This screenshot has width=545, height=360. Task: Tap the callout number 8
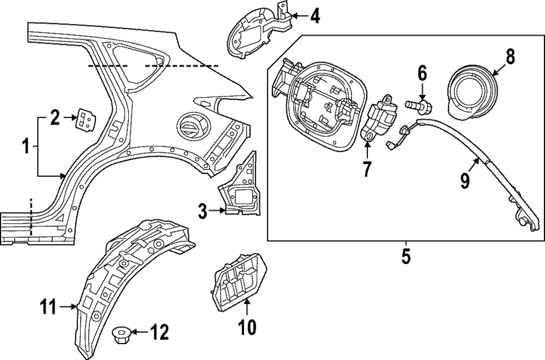coord(510,56)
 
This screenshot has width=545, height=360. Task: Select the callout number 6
coord(422,73)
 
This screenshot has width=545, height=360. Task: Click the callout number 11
coord(49,307)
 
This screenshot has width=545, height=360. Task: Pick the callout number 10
coord(246,327)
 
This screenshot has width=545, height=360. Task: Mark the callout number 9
coord(464,181)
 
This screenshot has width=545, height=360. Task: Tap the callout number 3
coord(202,211)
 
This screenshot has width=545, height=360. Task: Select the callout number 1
coord(25,146)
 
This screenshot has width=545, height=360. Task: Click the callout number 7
coord(367,169)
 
